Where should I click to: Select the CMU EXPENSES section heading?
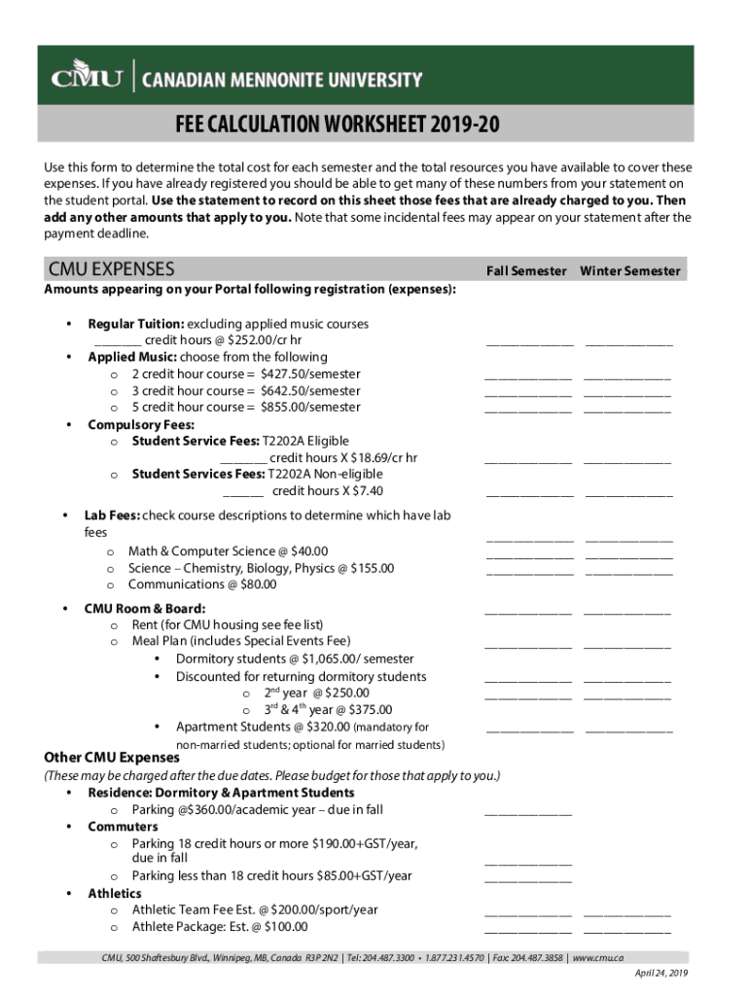point(112,269)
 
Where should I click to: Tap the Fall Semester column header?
point(525,271)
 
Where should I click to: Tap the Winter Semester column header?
point(630,271)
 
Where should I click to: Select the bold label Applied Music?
point(126,357)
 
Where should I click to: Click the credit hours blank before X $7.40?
point(243,491)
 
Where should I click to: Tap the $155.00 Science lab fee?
point(370,568)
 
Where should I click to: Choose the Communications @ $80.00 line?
point(202,585)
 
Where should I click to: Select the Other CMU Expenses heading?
point(113,758)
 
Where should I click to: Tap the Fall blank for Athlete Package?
point(528,933)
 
